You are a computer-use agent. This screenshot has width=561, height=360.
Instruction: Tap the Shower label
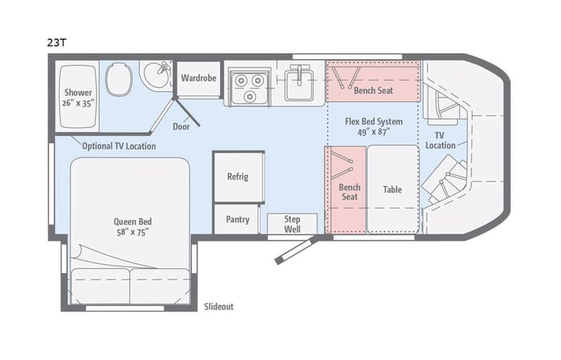click(x=78, y=91)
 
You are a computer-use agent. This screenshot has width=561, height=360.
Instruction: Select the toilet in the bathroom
click(x=119, y=79)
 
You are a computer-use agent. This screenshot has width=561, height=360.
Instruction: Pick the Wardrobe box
click(x=200, y=79)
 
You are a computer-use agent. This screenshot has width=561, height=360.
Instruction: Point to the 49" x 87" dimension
click(x=373, y=131)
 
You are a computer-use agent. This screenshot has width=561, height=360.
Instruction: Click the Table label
click(x=392, y=190)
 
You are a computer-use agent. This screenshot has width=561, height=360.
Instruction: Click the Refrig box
click(x=238, y=177)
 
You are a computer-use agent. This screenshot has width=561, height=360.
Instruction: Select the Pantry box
click(x=238, y=220)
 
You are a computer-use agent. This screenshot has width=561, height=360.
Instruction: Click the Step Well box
click(x=292, y=224)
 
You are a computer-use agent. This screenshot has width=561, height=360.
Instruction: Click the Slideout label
click(x=219, y=306)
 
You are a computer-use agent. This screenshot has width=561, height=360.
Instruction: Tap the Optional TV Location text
click(x=118, y=146)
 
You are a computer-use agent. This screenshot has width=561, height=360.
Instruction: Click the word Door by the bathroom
click(x=181, y=127)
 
